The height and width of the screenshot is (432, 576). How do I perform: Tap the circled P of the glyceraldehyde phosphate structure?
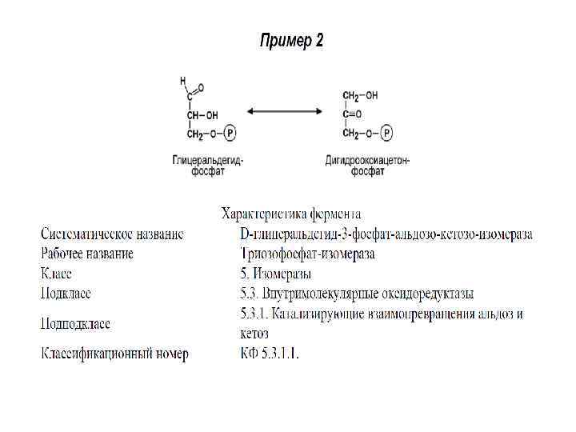(230, 133)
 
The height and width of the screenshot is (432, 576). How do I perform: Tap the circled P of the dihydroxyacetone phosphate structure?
(386, 133)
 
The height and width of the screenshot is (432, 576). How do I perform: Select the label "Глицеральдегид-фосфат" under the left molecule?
(207, 166)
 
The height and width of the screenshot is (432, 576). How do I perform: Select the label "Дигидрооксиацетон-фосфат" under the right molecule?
(366, 166)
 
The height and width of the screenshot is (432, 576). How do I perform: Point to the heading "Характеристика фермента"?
(290, 214)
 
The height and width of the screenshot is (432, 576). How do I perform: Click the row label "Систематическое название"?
(112, 234)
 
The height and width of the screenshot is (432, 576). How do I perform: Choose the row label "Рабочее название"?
(87, 254)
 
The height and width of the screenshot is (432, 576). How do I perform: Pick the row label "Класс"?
(57, 274)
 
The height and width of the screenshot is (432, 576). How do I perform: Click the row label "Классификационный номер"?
(114, 354)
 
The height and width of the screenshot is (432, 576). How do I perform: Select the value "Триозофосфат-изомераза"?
(307, 254)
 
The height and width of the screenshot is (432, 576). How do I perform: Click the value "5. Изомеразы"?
(276, 274)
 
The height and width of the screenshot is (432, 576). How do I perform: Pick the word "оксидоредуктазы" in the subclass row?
(419, 293)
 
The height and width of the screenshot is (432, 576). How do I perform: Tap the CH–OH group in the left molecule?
(202, 115)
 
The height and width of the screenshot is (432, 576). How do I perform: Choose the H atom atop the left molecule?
(183, 80)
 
